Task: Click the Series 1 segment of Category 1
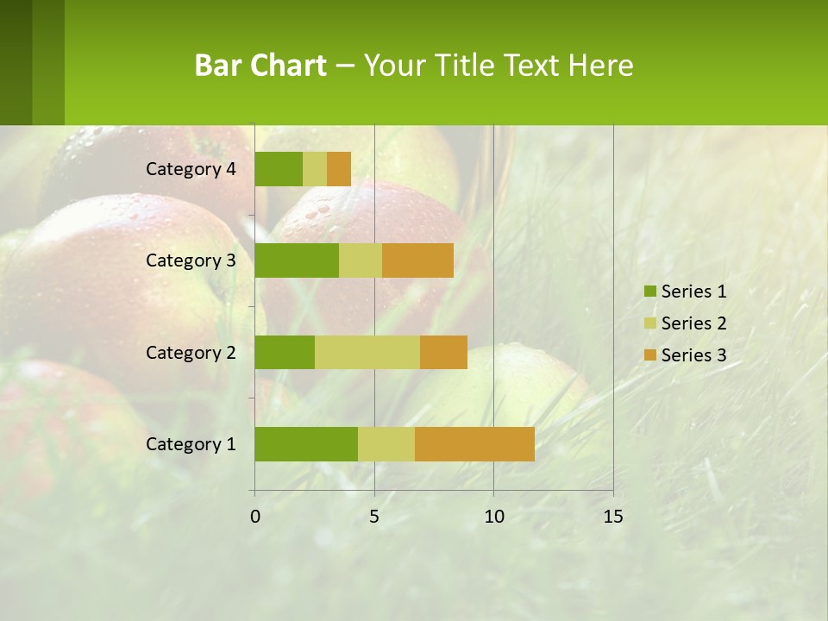point(306,444)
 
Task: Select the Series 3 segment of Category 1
point(474,444)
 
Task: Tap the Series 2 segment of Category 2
point(367,352)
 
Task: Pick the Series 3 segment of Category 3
point(417,260)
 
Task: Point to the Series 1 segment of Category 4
point(279,169)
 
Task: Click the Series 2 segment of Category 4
point(315,169)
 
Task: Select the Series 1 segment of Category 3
point(297,260)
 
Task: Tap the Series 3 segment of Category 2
point(443,352)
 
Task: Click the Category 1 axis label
point(191,444)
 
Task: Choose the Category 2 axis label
point(191,352)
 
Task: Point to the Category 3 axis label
point(191,260)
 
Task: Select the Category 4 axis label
point(191,169)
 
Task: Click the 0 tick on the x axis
point(255,517)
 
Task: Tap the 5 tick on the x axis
point(374,517)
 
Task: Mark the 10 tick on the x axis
point(493,517)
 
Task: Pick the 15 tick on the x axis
point(612,517)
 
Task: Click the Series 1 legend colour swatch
point(649,292)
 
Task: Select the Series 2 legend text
point(693,323)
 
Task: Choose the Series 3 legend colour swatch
point(649,355)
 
